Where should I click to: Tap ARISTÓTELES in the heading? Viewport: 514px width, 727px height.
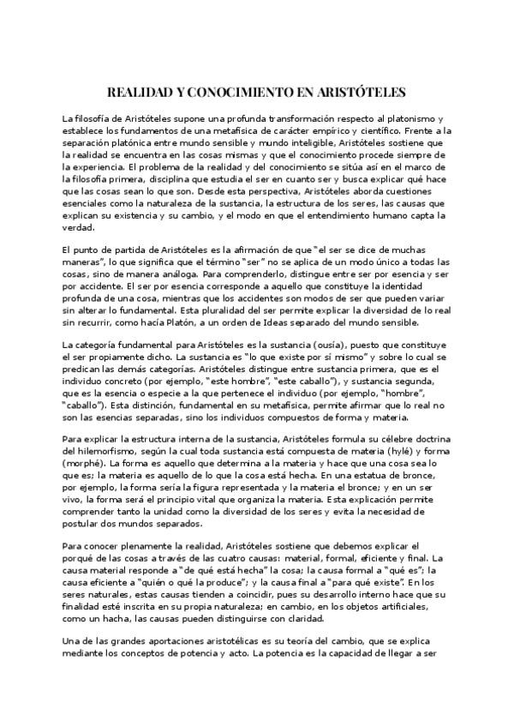coord(362,90)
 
